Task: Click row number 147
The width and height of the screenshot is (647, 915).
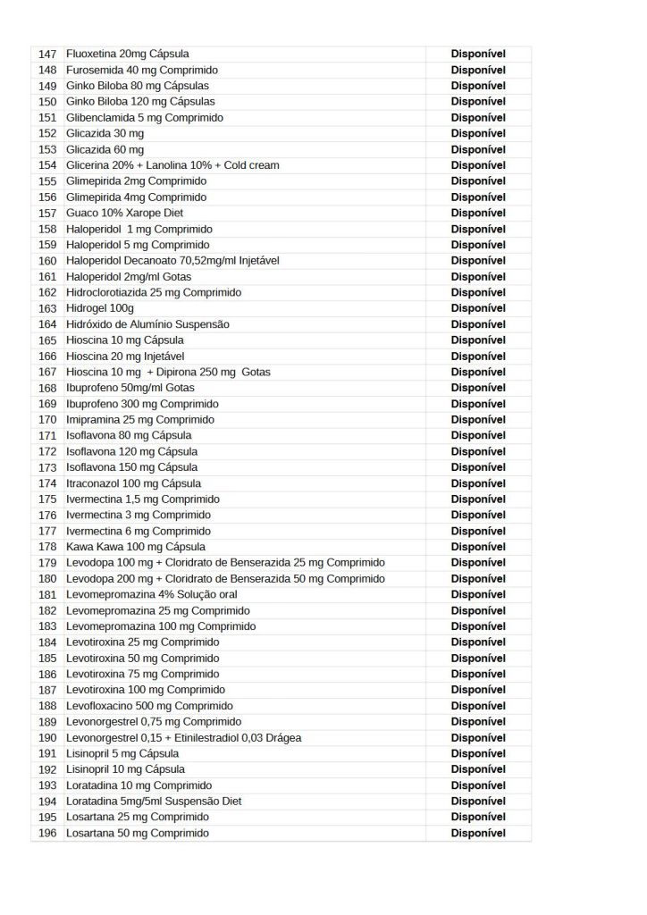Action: point(48,54)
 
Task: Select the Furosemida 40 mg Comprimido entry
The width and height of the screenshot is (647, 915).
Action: point(142,70)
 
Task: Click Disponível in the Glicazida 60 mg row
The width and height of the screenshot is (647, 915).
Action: point(478,149)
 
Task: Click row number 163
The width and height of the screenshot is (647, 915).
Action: point(48,308)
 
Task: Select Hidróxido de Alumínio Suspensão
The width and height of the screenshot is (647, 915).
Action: point(147,324)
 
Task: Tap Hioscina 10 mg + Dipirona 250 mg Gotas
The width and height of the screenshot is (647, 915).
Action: point(168,372)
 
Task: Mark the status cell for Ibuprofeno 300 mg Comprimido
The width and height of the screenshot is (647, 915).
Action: point(478,404)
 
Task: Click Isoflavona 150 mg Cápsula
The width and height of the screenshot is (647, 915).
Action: point(132,467)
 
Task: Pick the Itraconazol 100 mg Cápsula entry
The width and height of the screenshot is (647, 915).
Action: point(133,483)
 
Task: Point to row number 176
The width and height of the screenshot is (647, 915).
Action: point(48,515)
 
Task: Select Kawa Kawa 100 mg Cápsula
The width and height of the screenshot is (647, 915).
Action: point(136,547)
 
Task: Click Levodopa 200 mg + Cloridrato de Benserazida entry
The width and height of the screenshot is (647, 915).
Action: point(226,579)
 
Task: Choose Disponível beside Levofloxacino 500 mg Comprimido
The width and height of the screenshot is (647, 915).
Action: point(478,706)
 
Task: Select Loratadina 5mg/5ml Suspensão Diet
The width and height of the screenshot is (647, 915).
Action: point(154,802)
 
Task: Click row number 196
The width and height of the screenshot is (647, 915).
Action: point(48,833)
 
